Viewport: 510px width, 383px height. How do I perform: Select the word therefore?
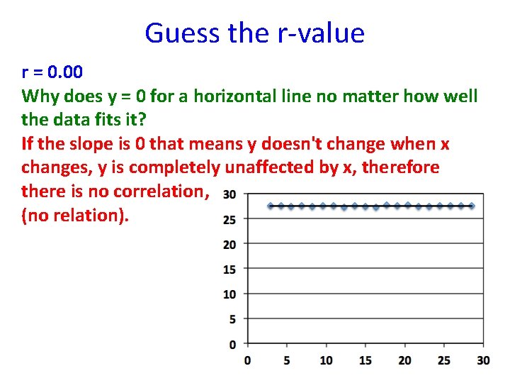point(401,168)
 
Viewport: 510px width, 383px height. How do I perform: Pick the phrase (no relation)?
point(76,216)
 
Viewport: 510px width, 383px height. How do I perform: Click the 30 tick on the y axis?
point(229,194)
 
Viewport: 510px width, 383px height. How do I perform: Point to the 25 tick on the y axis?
point(229,220)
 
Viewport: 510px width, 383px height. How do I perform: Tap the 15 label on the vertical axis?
point(229,270)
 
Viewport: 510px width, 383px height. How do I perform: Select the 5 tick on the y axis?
point(232,319)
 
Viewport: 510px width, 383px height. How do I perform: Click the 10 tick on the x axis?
point(326,360)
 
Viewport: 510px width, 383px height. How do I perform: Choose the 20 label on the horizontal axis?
point(404,360)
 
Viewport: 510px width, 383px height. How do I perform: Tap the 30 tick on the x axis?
point(483,360)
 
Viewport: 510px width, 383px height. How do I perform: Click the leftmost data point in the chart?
point(271,206)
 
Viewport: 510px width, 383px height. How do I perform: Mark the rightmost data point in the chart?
point(472,206)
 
